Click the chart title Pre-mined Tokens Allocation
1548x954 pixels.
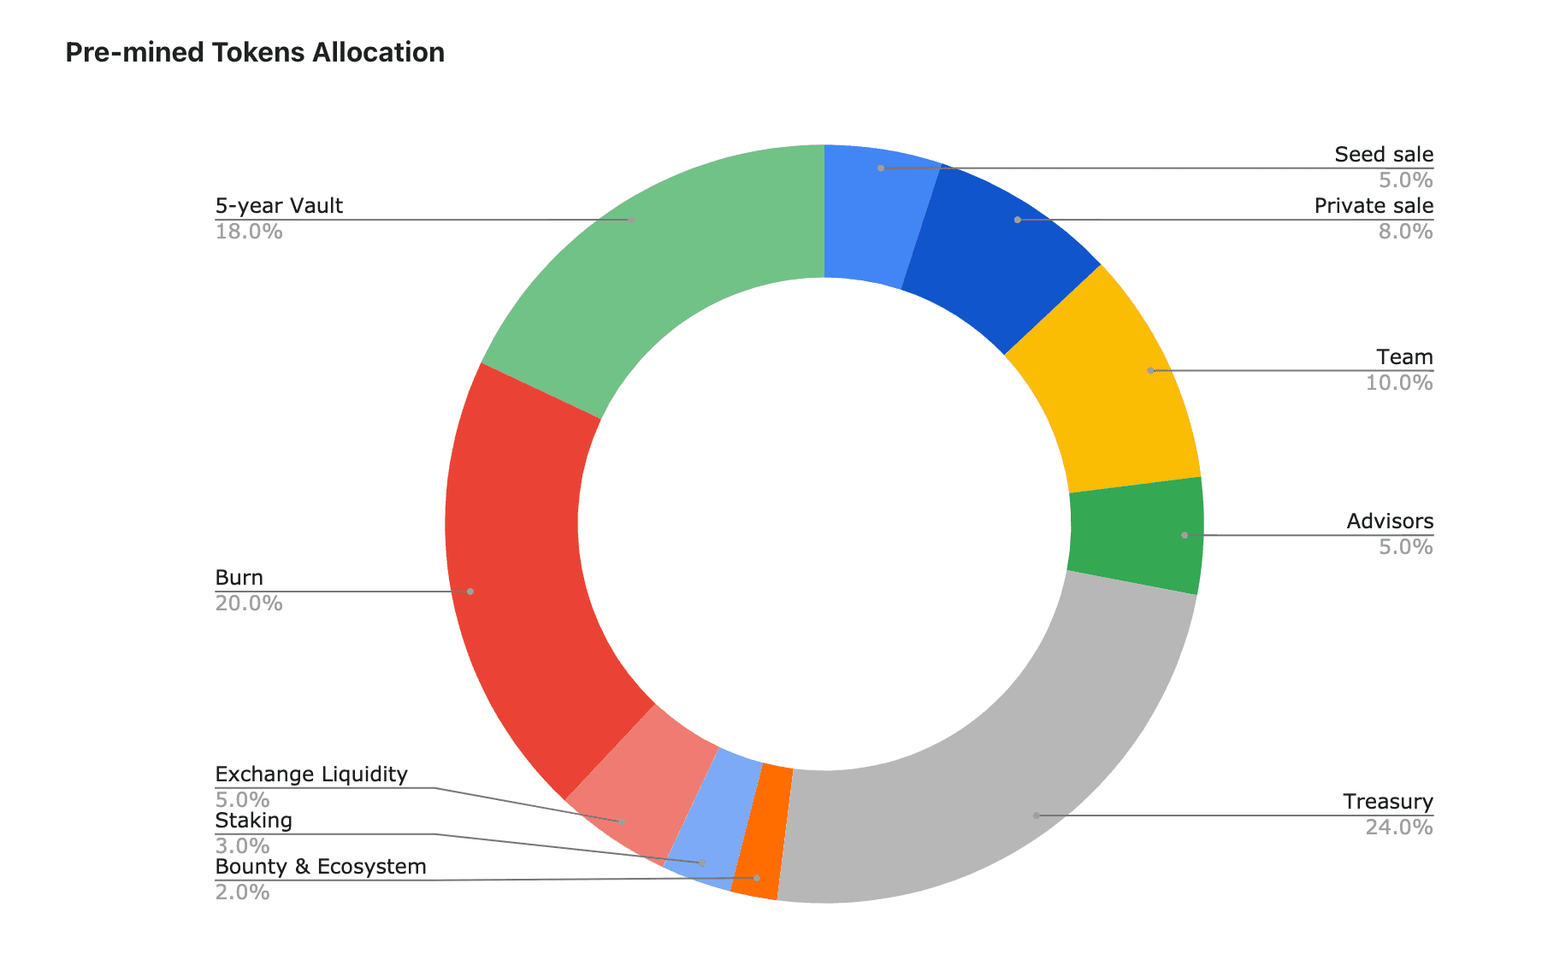point(255,53)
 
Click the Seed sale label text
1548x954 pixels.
point(1383,155)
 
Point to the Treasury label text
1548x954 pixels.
point(1387,802)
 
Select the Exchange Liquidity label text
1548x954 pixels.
point(311,774)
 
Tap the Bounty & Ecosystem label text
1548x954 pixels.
point(320,867)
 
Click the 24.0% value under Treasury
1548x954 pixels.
point(1398,827)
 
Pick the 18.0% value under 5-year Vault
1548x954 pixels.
point(248,232)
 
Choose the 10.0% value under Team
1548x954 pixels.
point(1398,383)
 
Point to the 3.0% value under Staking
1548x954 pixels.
point(242,846)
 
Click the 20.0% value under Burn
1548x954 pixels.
point(248,604)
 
